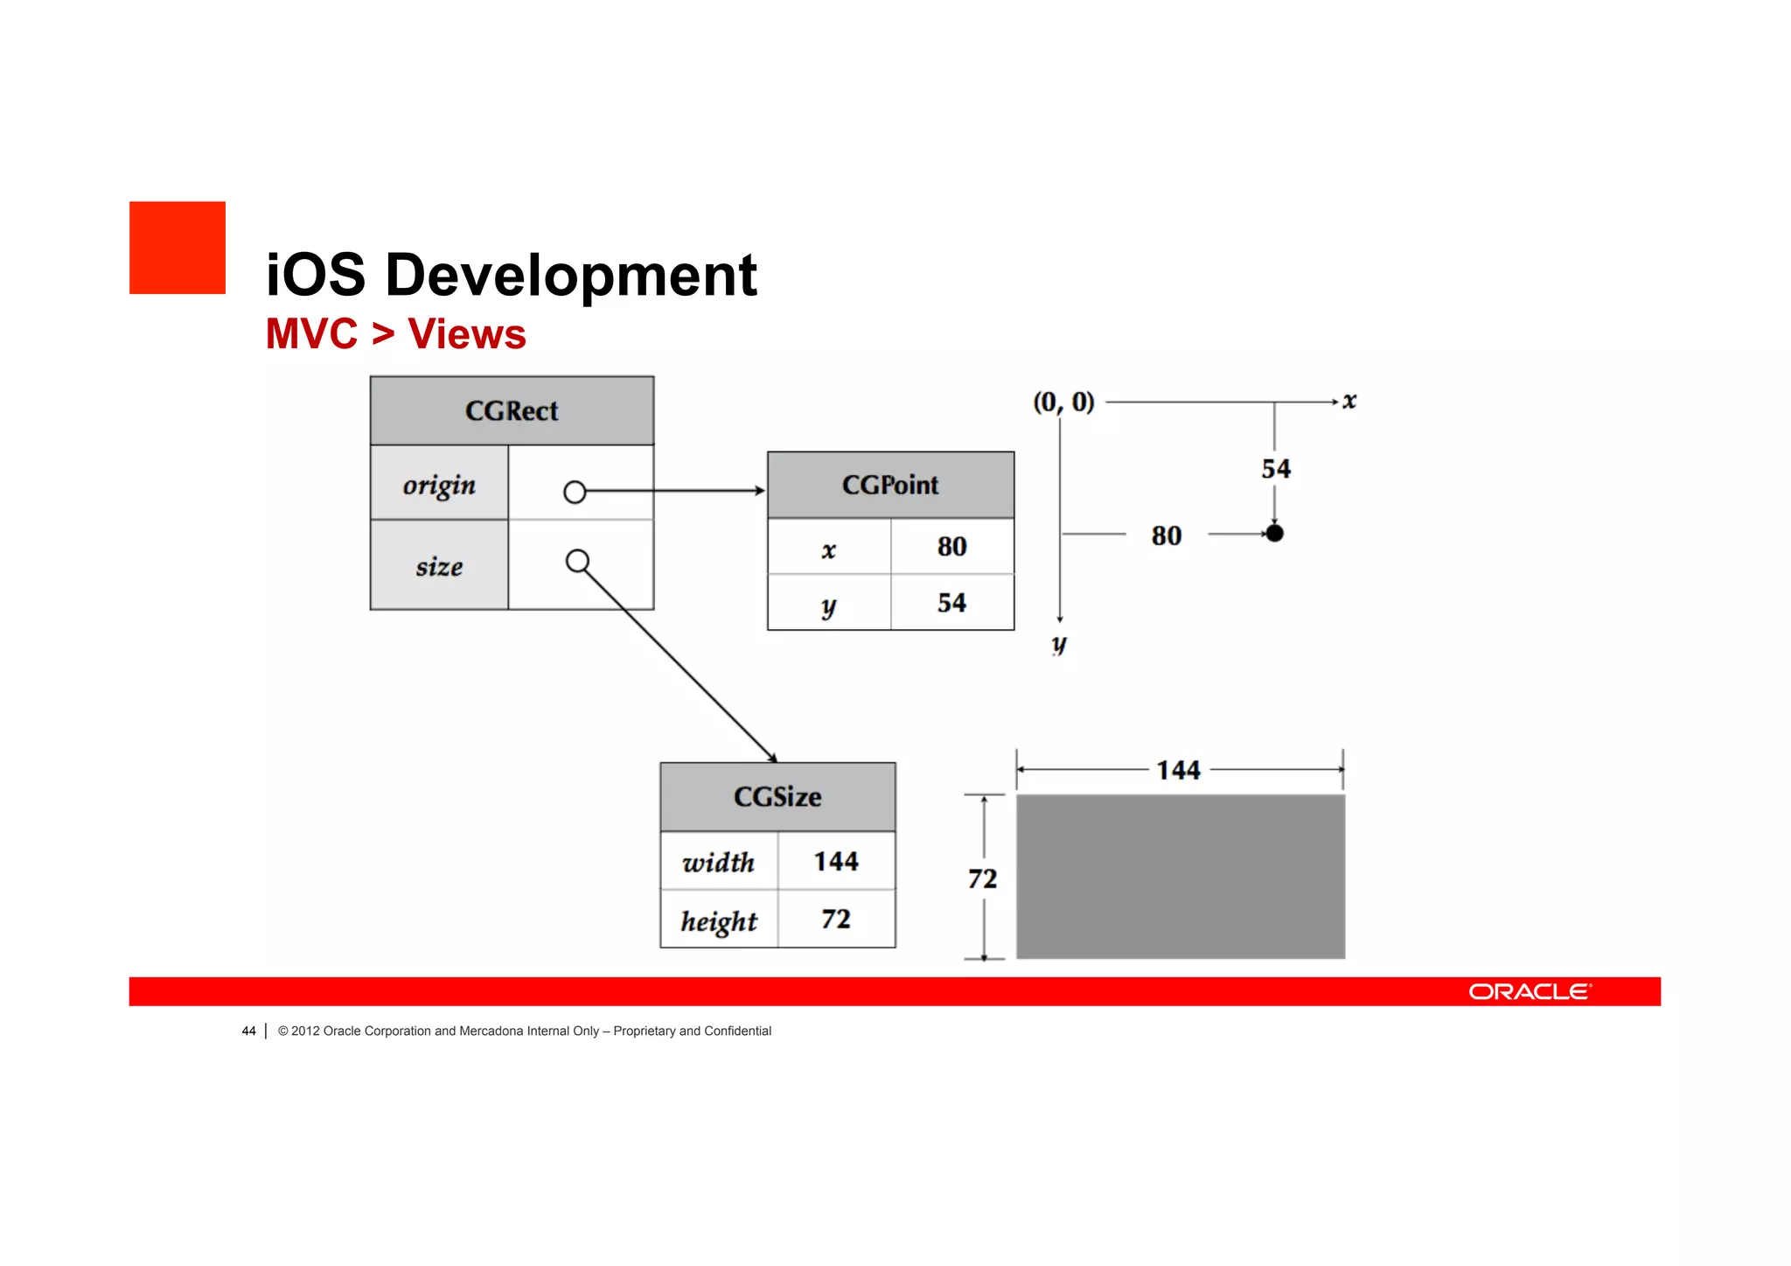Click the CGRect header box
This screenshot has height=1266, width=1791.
coord(512,410)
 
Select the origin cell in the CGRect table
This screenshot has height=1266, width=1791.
coord(439,484)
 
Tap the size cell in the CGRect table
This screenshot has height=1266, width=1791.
coord(439,566)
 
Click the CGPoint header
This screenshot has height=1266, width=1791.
coord(890,485)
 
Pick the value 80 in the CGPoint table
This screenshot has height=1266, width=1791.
coord(951,547)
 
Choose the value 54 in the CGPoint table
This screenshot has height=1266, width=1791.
coord(951,603)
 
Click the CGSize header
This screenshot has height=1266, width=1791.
coord(777,797)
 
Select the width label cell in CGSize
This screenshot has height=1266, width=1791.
coord(719,862)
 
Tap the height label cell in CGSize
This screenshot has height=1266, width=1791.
coord(719,920)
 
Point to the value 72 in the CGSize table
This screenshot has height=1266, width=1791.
coord(836,920)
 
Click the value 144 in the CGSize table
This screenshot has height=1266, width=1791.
coord(836,862)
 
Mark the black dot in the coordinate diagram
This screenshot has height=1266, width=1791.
coord(1275,533)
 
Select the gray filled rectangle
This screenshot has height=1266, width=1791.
coord(1180,877)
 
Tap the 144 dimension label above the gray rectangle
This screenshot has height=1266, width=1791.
coord(1178,770)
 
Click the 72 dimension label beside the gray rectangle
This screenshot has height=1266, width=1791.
coord(982,878)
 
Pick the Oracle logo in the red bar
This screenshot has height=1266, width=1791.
coord(1530,991)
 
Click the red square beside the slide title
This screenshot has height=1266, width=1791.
coord(178,248)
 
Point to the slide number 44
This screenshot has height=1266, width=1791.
coord(248,1031)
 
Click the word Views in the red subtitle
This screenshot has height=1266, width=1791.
coord(467,334)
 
